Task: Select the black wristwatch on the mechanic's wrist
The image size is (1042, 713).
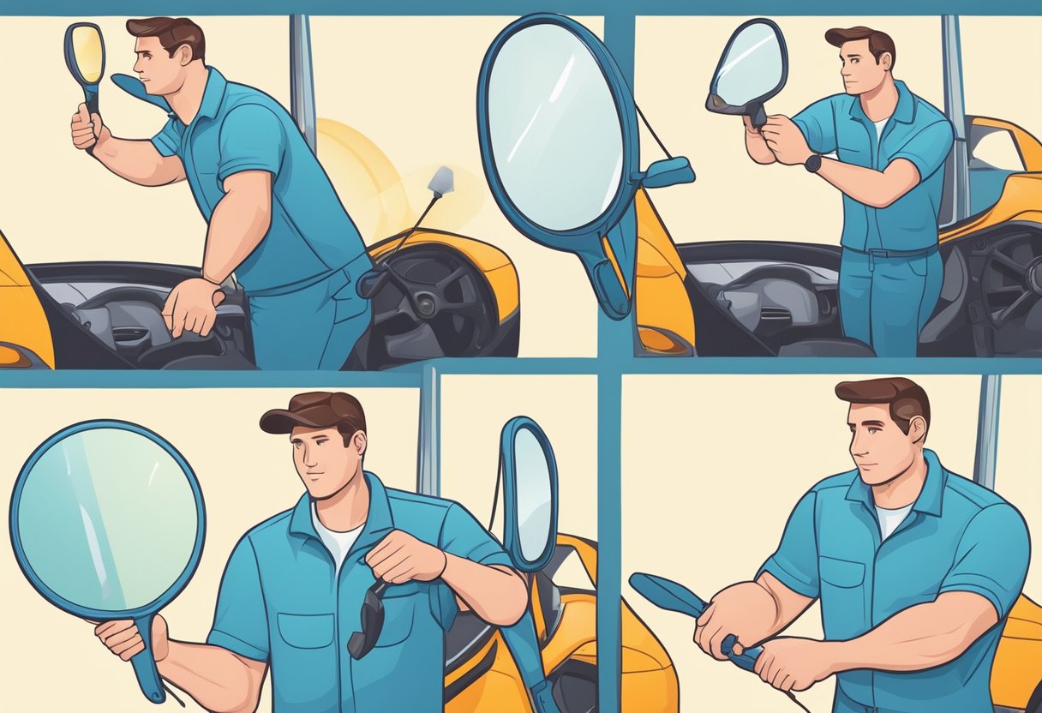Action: [x=812, y=163]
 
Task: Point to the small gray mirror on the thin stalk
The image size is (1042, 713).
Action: [x=440, y=180]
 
